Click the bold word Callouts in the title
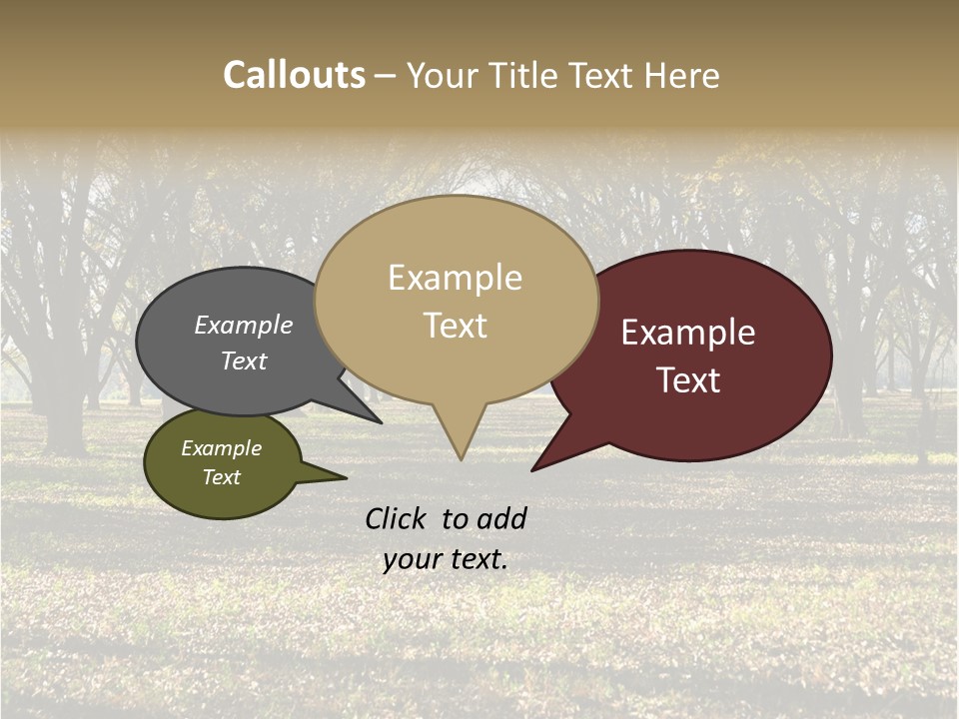tap(294, 75)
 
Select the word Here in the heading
tap(682, 76)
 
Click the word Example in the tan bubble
tap(455, 278)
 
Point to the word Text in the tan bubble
tap(455, 326)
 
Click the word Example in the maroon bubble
tap(688, 333)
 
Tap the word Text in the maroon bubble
tap(688, 380)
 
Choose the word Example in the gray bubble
tap(244, 326)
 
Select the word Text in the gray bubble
tap(244, 360)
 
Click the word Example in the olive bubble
tap(221, 448)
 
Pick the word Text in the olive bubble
tap(221, 477)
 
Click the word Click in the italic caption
tap(398, 518)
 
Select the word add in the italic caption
tap(501, 518)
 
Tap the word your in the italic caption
tap(412, 559)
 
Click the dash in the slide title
tap(386, 76)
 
